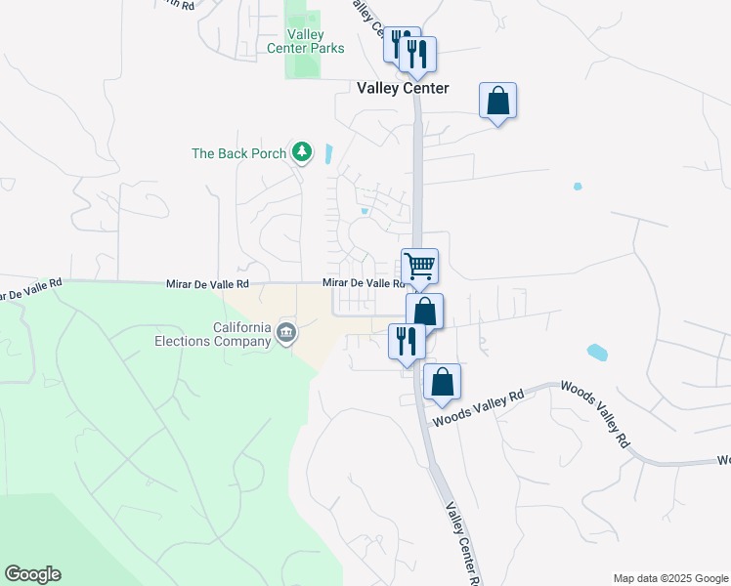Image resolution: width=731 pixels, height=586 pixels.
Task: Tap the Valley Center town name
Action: pos(403,88)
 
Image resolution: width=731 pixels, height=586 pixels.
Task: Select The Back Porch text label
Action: pos(239,153)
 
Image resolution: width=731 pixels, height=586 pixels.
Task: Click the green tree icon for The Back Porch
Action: pos(303,151)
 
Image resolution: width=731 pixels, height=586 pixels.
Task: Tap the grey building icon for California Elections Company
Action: pos(285,333)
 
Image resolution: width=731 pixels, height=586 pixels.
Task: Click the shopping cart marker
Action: pos(419,266)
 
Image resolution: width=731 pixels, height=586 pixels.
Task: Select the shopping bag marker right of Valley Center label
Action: pos(497,101)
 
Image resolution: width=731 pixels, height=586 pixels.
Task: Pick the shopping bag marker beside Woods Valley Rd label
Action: pos(442,383)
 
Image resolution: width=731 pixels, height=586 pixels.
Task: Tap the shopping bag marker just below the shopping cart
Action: pos(424,312)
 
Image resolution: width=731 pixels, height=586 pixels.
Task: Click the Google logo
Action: pos(32,574)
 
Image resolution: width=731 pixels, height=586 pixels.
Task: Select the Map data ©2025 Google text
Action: pos(669,578)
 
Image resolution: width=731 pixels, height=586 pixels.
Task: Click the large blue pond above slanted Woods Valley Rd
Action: pos(595,352)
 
